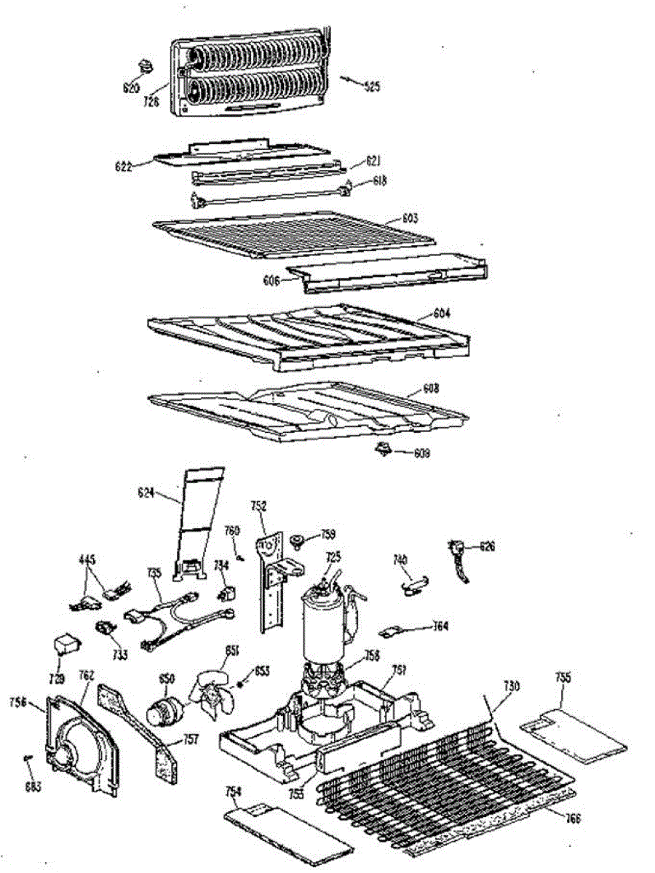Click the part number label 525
[372, 87]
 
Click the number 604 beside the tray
[442, 314]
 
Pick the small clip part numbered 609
[381, 450]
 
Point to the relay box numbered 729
[65, 647]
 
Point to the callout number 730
[512, 687]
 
